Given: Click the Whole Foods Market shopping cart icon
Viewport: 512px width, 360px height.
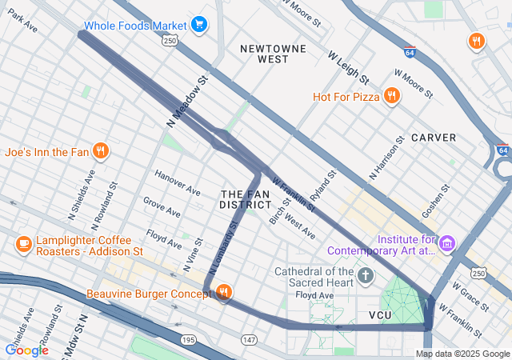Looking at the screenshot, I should click(199, 26).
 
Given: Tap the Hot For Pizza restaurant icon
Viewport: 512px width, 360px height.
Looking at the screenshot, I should click(391, 97).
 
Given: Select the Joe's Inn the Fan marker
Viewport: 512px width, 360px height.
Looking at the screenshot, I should click(101, 150).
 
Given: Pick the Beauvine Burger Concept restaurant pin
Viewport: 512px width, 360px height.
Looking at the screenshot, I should click(223, 294).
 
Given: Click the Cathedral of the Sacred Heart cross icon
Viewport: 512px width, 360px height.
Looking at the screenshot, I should click(366, 277).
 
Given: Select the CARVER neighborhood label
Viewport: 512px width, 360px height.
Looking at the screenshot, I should click(434, 138).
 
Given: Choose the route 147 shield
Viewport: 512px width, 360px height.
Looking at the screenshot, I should click(250, 341).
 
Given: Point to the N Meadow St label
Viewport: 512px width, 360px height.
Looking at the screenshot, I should click(188, 100).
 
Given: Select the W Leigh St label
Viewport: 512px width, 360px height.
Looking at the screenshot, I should click(348, 68).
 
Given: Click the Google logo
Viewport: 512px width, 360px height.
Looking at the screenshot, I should click(26, 350).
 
